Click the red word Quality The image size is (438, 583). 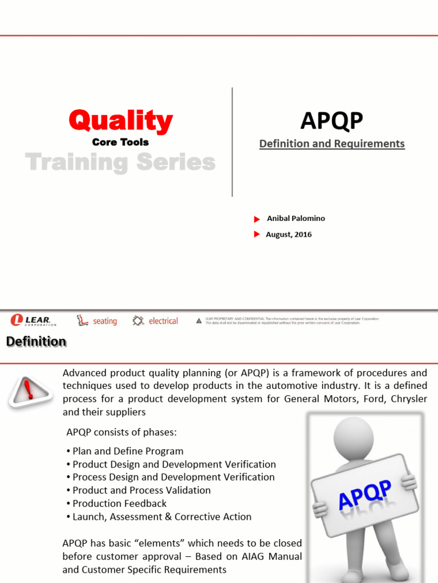point(120,121)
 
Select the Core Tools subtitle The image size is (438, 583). point(120,142)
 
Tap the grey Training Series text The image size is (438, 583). point(120,163)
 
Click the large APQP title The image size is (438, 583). point(331,121)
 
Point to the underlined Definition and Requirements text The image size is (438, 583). point(332,144)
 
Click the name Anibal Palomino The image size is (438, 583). point(296,219)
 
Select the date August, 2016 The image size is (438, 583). point(289,235)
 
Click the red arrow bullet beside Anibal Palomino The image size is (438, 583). point(257,219)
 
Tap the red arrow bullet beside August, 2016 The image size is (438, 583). point(257,235)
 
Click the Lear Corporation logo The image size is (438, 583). point(34,321)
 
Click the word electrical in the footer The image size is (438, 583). point(163,321)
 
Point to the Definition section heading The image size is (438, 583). point(36,342)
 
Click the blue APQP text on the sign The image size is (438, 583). point(365,495)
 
